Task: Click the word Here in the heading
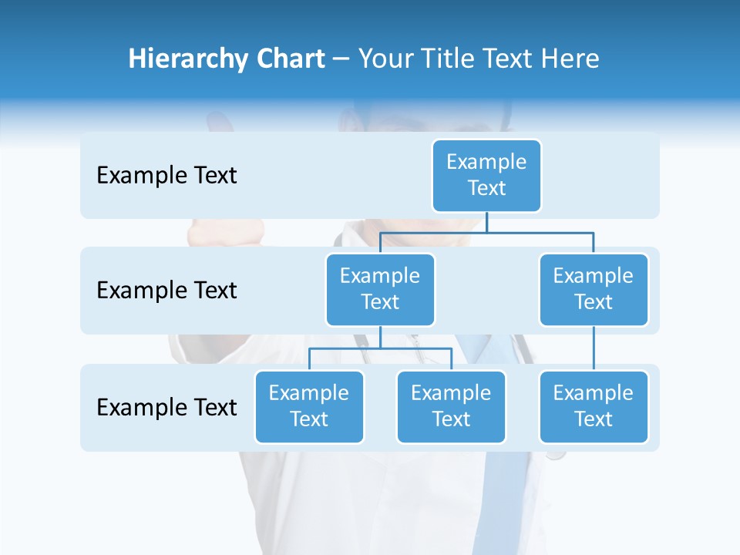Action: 570,59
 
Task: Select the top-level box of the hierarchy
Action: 486,175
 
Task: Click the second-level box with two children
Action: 380,289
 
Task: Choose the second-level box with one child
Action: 594,289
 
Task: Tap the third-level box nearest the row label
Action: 309,406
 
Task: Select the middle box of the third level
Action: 451,406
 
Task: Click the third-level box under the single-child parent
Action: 594,406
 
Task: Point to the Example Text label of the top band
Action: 166,176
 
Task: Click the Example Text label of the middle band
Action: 166,291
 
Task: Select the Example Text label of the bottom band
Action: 166,407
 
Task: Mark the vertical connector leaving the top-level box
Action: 486,222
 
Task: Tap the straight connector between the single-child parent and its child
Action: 594,348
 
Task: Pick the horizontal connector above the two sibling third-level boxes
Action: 380,348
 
